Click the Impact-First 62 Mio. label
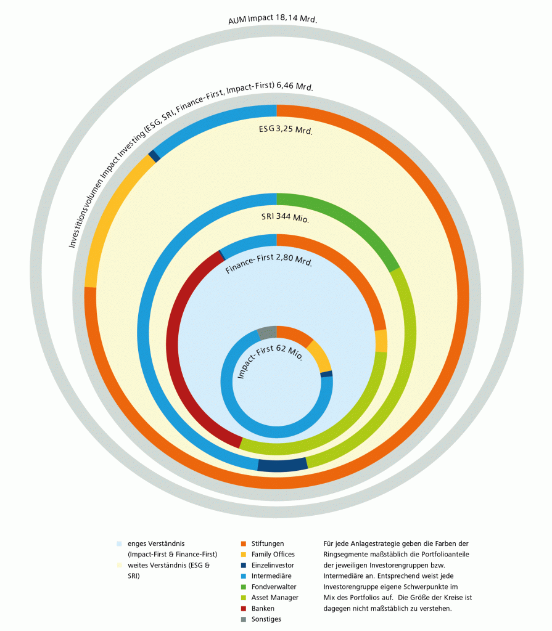(270, 363)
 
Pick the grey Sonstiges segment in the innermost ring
(267, 333)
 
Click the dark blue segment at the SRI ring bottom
(282, 465)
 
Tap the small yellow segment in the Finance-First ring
(381, 341)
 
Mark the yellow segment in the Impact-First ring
(319, 357)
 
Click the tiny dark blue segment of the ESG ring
(154, 157)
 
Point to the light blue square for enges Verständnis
(119, 543)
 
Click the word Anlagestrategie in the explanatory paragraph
(373, 543)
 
